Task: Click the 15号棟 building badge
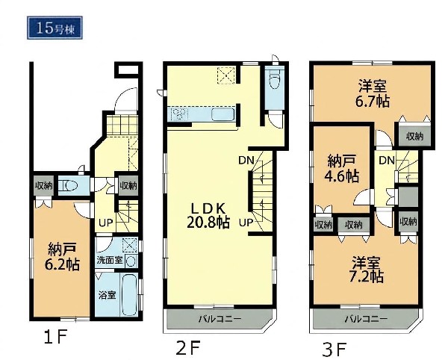[x=55, y=28]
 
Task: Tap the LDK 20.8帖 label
[x=208, y=216]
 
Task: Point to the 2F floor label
[x=187, y=348]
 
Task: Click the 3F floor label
[x=334, y=349]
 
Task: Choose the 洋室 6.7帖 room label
[x=373, y=93]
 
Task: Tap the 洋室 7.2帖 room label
[x=367, y=269]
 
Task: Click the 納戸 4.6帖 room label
[x=342, y=169]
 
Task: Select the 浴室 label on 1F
[x=107, y=296]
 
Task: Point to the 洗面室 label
[x=110, y=260]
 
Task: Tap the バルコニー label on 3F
[x=367, y=319]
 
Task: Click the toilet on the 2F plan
[x=275, y=81]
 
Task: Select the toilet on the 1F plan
[x=68, y=186]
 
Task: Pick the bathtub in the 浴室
[x=130, y=295]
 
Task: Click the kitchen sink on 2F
[x=223, y=116]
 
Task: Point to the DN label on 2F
[x=246, y=161]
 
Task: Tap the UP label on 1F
[x=106, y=223]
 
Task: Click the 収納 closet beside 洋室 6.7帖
[x=415, y=136]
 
